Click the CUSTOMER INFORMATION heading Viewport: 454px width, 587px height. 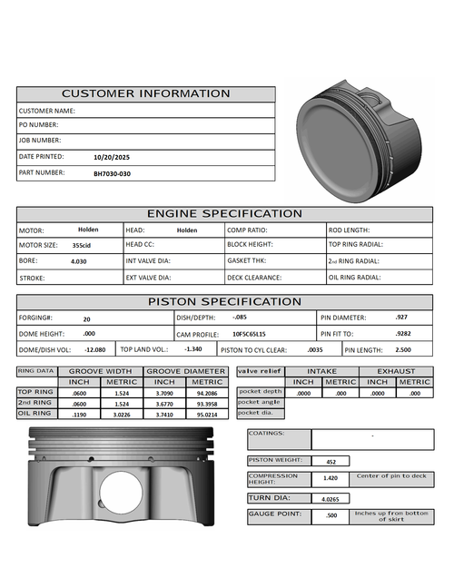click(x=145, y=93)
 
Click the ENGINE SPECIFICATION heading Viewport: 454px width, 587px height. click(x=224, y=214)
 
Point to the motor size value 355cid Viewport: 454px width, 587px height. click(x=82, y=245)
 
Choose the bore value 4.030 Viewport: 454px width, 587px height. click(x=79, y=261)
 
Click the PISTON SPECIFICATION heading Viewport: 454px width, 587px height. click(x=224, y=301)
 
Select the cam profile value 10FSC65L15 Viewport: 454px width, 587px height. click(x=249, y=334)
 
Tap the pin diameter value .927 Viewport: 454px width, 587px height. click(x=401, y=318)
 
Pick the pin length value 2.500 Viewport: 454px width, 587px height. click(x=403, y=349)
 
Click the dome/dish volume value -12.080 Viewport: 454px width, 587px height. click(x=94, y=349)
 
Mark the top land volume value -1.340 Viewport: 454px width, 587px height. click(x=192, y=349)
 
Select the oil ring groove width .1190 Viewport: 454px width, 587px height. click(x=79, y=414)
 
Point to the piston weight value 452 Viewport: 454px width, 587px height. click(x=331, y=462)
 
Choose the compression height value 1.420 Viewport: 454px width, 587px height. click(x=331, y=478)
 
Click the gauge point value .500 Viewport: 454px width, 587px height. click(x=331, y=517)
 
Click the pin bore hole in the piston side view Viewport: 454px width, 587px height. click(x=121, y=494)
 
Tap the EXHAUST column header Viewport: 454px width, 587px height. click(x=397, y=371)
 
